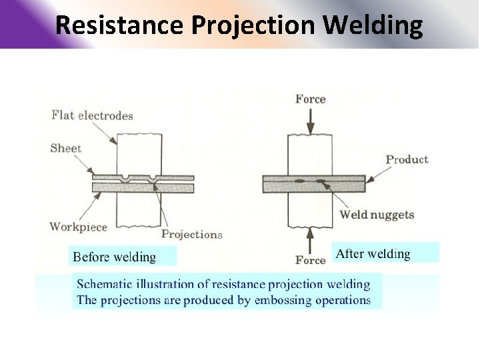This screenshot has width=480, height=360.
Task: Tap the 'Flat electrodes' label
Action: pyautogui.click(x=92, y=115)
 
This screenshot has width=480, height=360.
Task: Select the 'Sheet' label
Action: pyautogui.click(x=65, y=148)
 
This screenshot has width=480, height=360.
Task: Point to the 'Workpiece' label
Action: pyautogui.click(x=78, y=227)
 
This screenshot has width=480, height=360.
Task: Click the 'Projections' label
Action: pyautogui.click(x=192, y=235)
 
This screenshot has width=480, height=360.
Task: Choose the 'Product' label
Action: pyautogui.click(x=407, y=159)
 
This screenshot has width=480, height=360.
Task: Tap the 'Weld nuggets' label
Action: pyautogui.click(x=377, y=215)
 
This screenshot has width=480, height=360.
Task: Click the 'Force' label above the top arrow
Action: pyautogui.click(x=311, y=99)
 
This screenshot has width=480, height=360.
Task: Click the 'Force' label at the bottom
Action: pyautogui.click(x=311, y=260)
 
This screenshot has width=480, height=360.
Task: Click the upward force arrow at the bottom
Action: pyautogui.click(x=311, y=238)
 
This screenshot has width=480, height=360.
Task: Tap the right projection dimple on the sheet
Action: pyautogui.click(x=154, y=179)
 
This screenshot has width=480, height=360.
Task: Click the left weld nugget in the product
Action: pyautogui.click(x=299, y=181)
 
